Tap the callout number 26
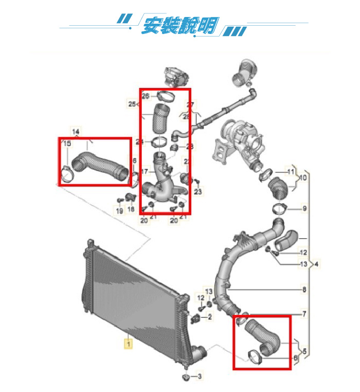pos(146,96)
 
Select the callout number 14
pos(76,132)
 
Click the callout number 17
pos(145,171)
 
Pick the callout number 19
pos(119,211)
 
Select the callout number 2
pos(210,318)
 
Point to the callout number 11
pos(291,171)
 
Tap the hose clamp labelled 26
pos(166,96)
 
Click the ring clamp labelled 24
pos(159,141)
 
